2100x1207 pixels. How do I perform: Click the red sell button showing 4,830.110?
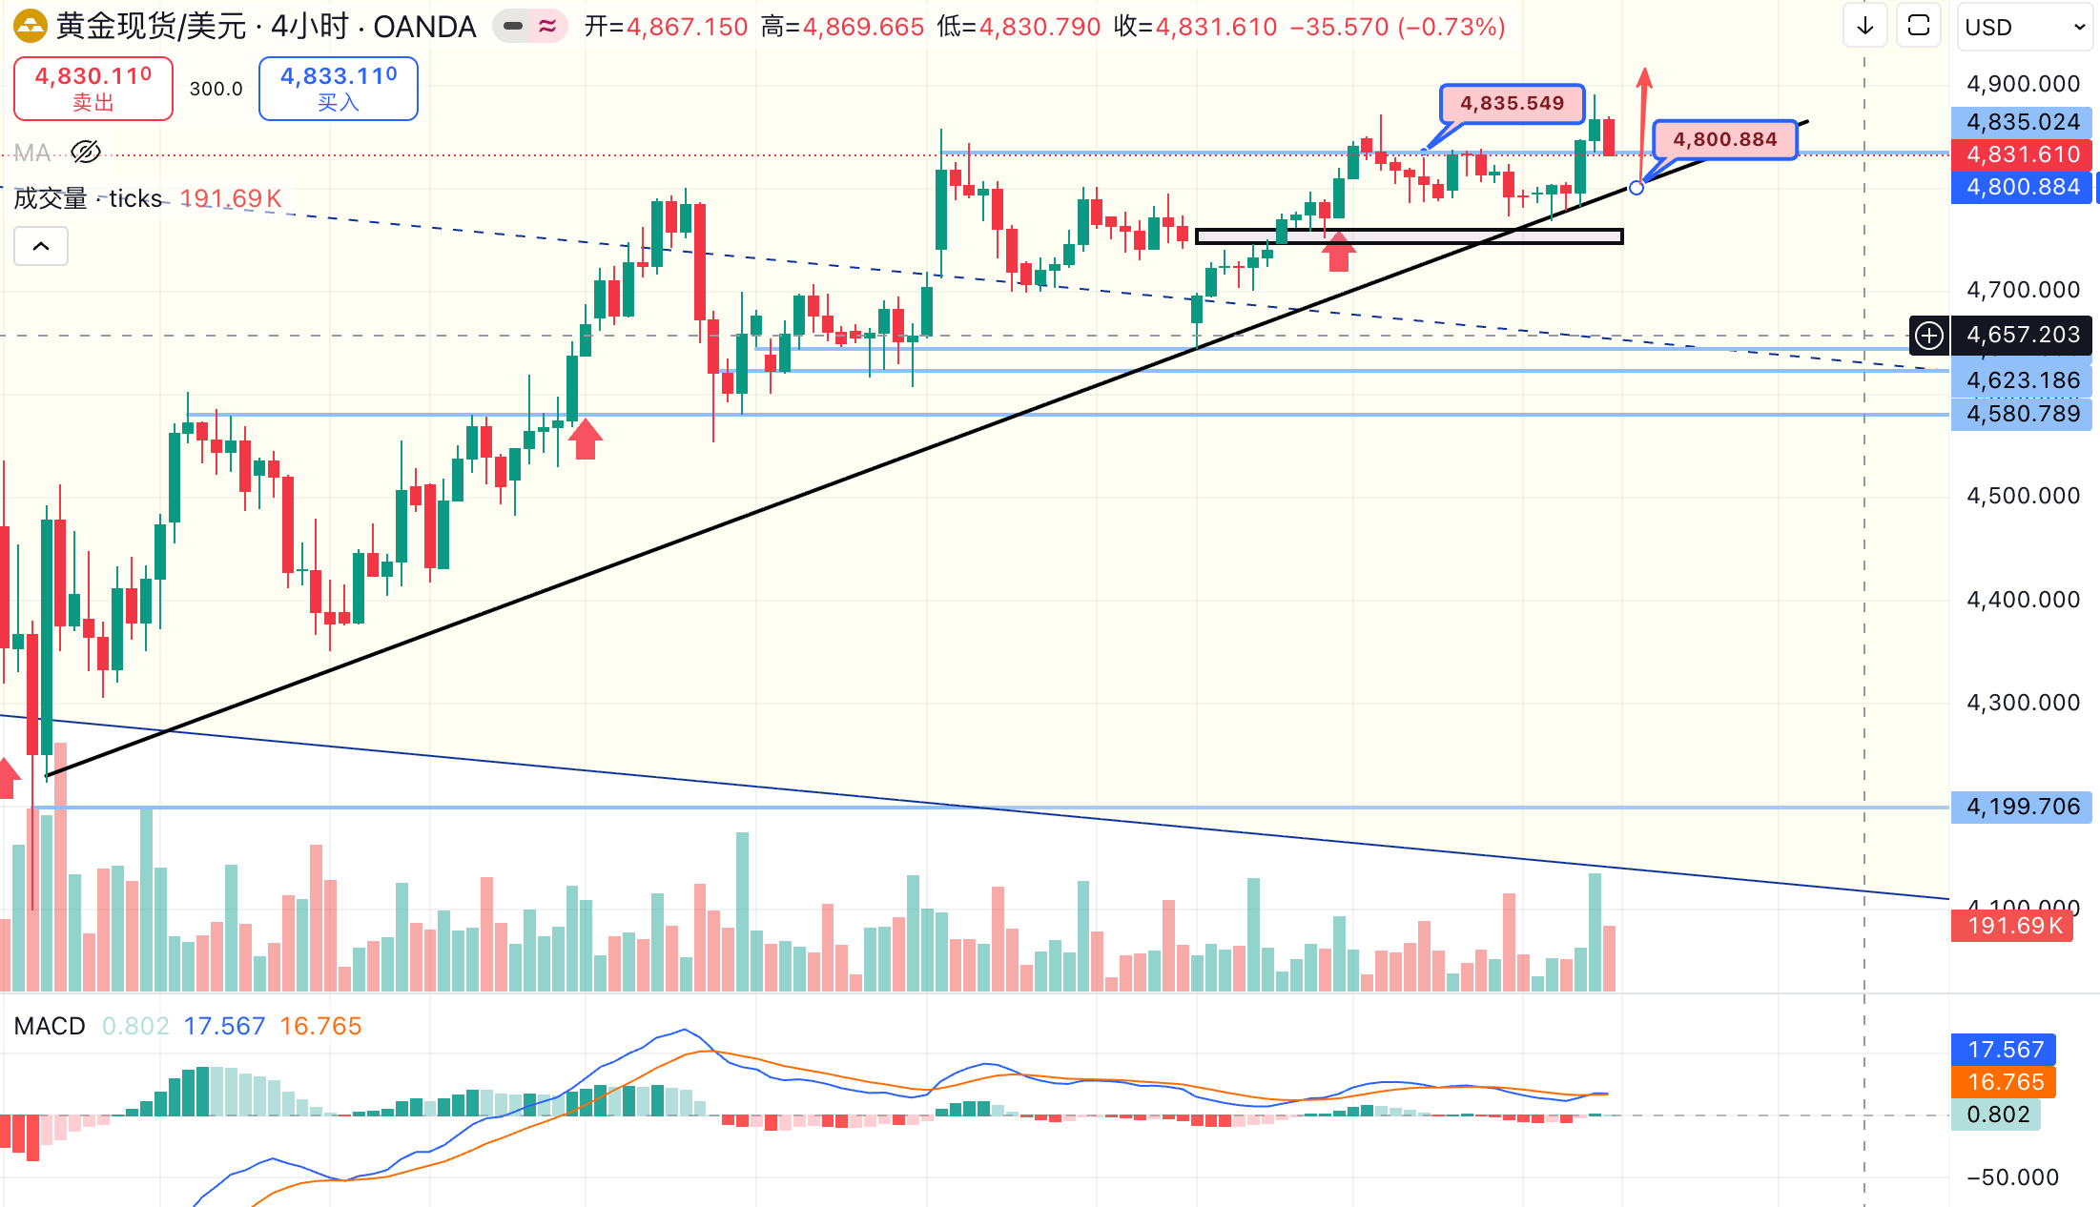(93, 89)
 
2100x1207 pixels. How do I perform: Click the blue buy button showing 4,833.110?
(339, 89)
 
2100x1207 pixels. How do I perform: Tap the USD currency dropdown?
(2024, 27)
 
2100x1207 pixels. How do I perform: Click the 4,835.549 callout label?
(1512, 103)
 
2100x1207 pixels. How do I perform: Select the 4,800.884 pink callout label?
(1724, 139)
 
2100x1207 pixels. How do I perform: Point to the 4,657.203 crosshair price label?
(2022, 335)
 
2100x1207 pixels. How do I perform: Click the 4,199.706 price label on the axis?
(2022, 807)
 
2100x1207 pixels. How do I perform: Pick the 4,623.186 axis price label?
(2022, 380)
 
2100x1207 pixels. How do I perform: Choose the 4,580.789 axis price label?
(2022, 414)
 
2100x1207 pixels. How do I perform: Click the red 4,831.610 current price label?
(2022, 154)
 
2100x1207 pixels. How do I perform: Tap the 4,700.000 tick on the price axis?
(2022, 290)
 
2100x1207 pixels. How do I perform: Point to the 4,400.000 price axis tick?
(2022, 600)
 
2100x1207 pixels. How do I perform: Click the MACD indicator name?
(50, 1026)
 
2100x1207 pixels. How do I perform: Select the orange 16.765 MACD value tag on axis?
(2005, 1082)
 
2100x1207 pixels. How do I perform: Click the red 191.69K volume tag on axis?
(2012, 926)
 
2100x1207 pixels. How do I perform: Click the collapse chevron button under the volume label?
(41, 247)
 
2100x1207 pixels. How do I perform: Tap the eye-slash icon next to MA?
(86, 153)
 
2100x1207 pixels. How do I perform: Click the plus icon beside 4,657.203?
(1929, 336)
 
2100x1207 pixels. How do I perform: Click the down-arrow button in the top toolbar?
(1865, 27)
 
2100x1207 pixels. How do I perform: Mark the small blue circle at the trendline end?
(1637, 188)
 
